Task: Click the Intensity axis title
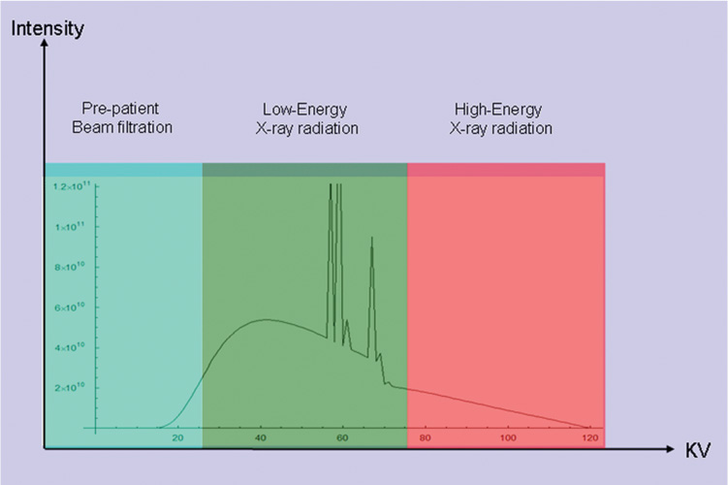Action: pos(47,28)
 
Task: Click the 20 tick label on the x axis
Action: pos(178,438)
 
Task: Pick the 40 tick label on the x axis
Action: pos(261,438)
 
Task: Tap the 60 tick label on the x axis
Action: pos(343,438)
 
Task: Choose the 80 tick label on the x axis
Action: pos(426,438)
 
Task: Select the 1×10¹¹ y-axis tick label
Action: pos(71,226)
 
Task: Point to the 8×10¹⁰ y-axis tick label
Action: pos(71,267)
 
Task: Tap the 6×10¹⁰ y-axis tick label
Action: pos(71,307)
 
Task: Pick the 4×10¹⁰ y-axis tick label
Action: pos(71,347)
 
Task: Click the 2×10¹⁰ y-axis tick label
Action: pos(71,387)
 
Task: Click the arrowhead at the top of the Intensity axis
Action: pos(45,47)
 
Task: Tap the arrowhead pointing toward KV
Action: pos(671,450)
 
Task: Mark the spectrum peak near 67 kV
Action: pos(371,240)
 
